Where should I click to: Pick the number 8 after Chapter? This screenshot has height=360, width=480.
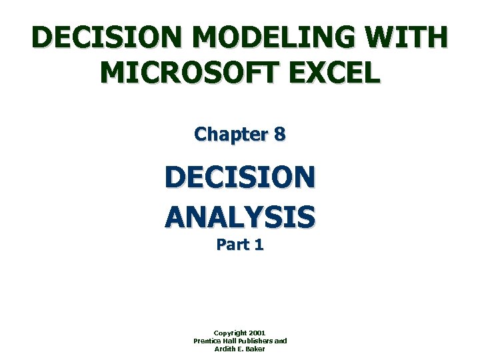coord(280,134)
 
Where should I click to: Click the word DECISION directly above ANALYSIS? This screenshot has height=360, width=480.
coord(240,178)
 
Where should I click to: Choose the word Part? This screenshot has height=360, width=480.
coord(232,245)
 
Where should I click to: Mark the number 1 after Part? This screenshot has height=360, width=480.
coord(258,245)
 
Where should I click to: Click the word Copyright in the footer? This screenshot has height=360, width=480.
coord(229,333)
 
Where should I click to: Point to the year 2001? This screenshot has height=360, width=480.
coord(257,333)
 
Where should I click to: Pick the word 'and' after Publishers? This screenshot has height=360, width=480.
coord(281,341)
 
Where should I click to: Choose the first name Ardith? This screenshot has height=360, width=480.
coord(225,349)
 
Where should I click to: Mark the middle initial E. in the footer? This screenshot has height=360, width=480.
coord(242,349)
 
